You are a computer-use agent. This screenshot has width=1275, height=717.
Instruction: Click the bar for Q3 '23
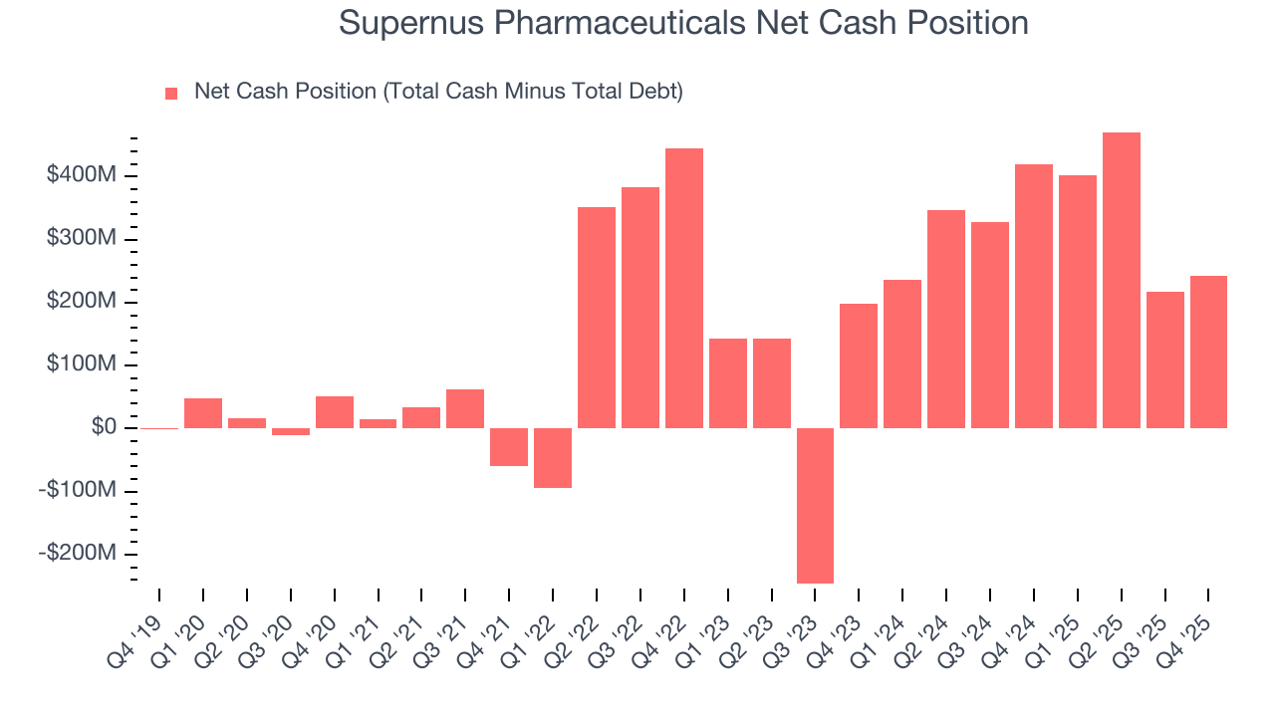coord(815,505)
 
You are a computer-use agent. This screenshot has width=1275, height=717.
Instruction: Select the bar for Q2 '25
coord(1121,280)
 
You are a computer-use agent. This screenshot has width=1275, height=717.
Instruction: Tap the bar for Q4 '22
coord(684,288)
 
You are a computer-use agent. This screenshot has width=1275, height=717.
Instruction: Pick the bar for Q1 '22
coord(553,457)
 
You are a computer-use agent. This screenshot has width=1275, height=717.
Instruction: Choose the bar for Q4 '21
coord(509,446)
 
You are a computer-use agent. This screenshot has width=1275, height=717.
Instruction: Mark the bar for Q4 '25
coord(1208,352)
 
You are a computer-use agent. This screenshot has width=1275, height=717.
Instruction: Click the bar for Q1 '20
coord(203,412)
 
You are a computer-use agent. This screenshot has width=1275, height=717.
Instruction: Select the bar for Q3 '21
coord(465,408)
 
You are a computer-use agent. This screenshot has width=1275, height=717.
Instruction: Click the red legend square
coord(171,93)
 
